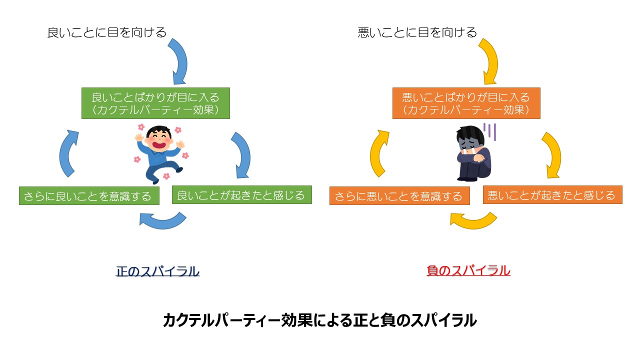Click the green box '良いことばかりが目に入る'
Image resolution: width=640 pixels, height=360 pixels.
coord(155,103)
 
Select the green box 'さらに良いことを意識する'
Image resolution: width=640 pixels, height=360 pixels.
coord(89,196)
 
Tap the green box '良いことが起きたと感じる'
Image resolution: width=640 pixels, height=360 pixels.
coord(241,194)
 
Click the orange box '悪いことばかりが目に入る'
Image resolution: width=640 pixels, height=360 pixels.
coord(466,103)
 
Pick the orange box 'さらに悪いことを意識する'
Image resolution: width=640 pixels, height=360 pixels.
coord(399,196)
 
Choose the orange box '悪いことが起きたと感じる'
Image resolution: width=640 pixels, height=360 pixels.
coord(552,194)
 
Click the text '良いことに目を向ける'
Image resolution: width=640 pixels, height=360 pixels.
coord(106,33)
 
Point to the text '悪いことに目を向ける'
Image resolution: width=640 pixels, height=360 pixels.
coord(417,33)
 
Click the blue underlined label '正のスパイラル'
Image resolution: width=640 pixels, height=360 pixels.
coord(157,271)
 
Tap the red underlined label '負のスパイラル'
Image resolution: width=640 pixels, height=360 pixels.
coord(468,271)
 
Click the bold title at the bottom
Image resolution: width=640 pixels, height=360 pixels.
coord(319,320)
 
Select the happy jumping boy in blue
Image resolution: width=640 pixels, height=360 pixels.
coord(159,152)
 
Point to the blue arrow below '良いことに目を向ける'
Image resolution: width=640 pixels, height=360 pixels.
coord(178,60)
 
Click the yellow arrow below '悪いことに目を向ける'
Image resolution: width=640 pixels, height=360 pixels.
coord(489,60)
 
